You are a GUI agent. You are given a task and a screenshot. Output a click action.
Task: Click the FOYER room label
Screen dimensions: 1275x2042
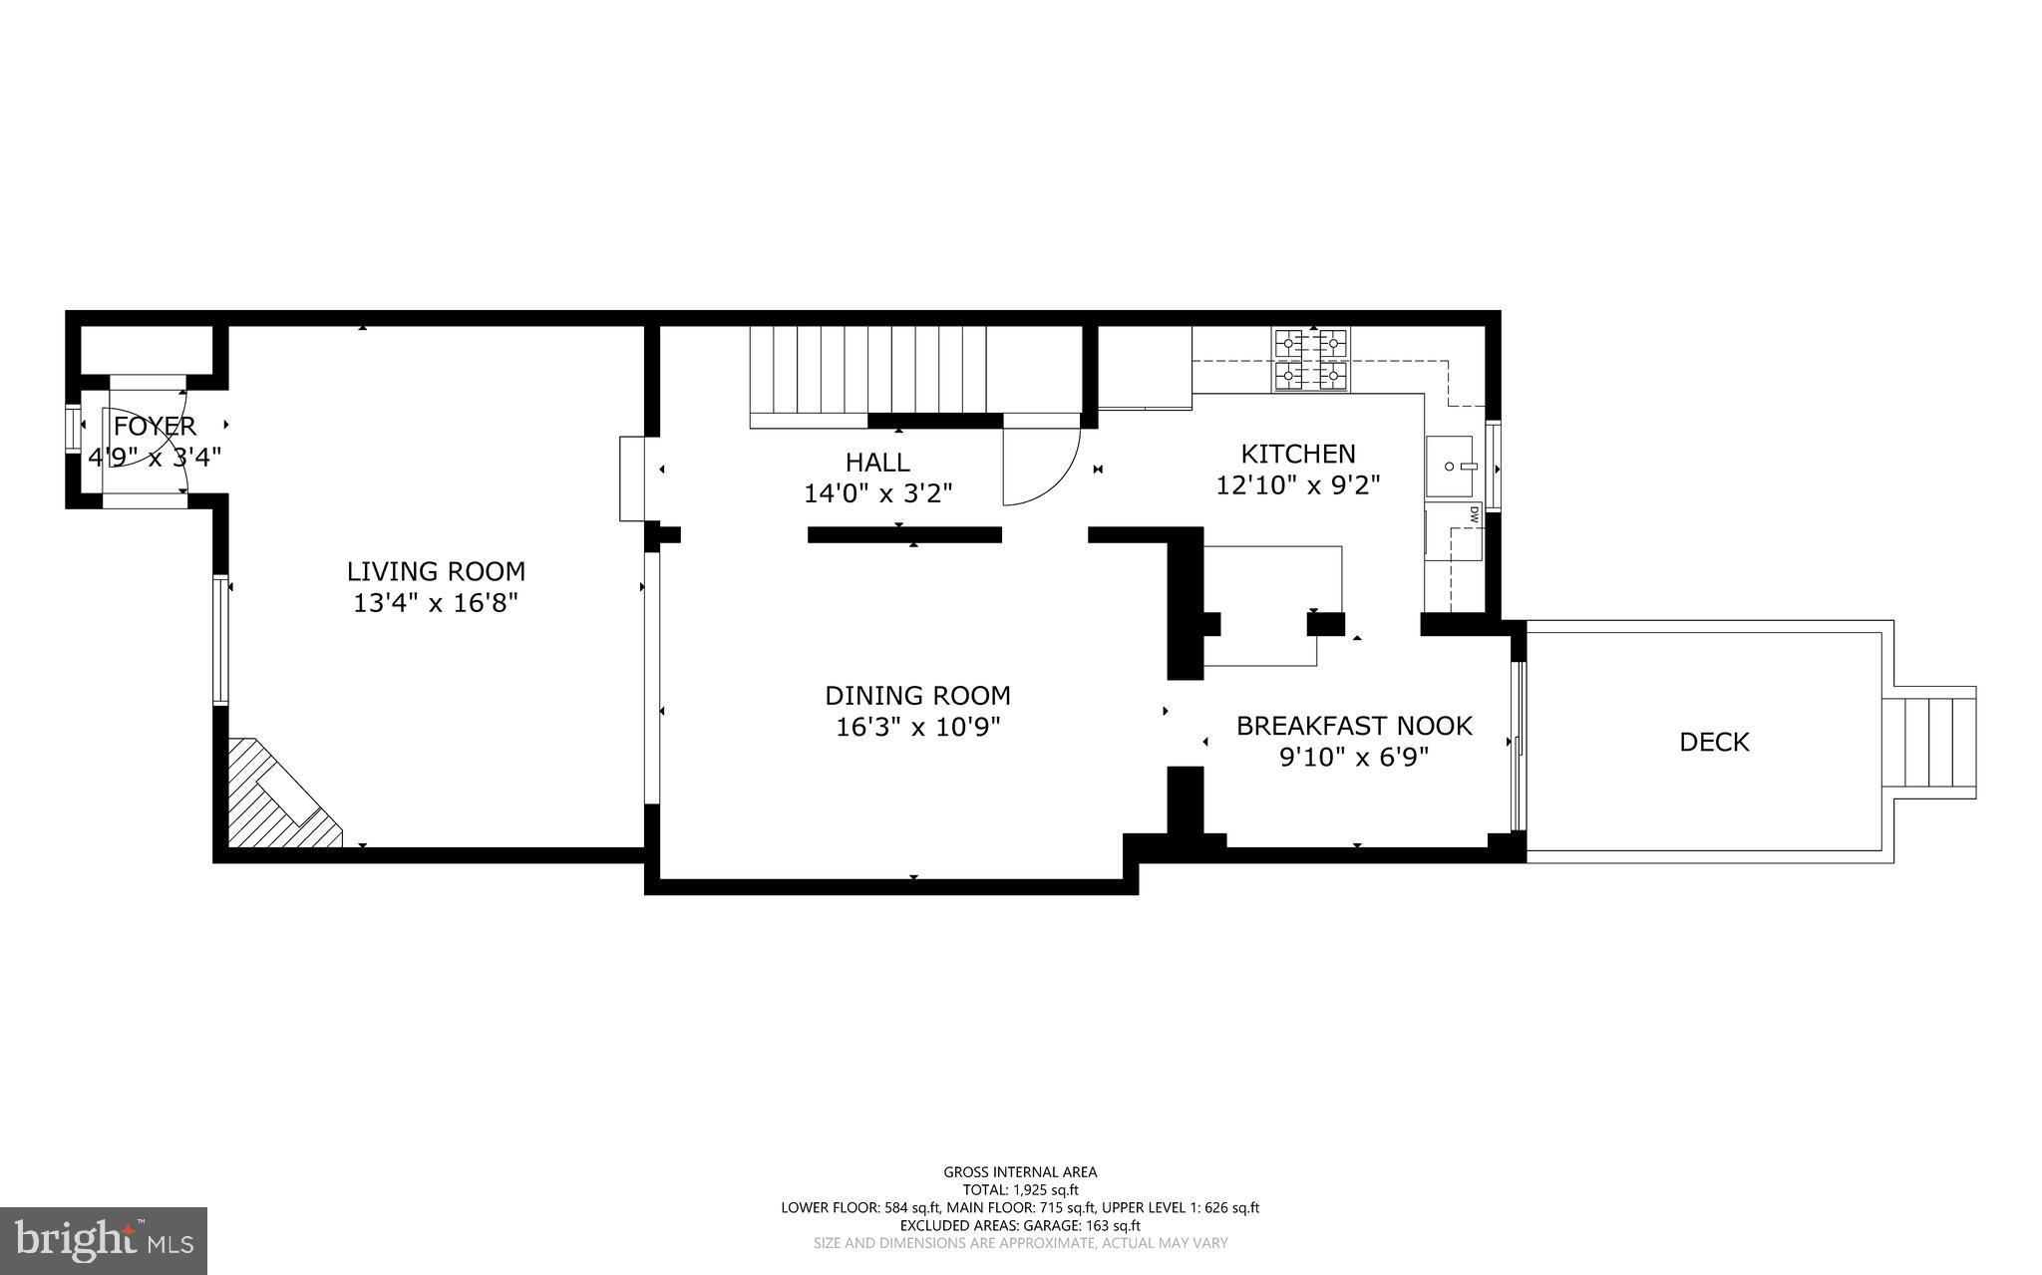click(155, 427)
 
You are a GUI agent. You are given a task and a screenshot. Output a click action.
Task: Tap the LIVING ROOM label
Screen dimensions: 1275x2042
click(436, 571)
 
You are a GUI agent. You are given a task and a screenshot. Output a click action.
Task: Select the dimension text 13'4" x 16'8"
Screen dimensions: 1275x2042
click(436, 603)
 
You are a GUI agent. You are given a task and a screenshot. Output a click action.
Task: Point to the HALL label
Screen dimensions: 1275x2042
click(877, 462)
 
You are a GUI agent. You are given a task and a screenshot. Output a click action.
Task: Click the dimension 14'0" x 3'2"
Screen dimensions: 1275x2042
click(877, 493)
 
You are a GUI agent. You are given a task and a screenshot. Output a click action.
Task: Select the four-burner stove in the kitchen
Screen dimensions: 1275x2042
click(1310, 359)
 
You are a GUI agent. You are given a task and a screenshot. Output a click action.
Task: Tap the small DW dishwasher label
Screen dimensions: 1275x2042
click(1473, 515)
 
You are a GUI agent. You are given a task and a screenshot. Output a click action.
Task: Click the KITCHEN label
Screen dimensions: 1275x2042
click(1297, 454)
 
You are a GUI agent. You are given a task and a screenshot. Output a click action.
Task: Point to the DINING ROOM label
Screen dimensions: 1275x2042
click(917, 695)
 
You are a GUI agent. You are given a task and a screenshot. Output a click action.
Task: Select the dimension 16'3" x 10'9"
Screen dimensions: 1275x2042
click(917, 727)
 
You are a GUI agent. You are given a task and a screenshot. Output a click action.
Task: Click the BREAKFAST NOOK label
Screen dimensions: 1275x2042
click(1354, 726)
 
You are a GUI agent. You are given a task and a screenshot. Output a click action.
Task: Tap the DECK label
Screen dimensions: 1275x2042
click(1714, 742)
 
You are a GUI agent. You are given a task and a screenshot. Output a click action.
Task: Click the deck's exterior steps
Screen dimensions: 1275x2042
click(1939, 742)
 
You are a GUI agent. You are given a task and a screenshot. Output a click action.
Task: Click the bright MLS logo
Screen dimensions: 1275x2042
click(104, 1240)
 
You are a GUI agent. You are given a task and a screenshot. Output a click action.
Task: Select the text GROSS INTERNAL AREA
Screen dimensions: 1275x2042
click(1020, 1172)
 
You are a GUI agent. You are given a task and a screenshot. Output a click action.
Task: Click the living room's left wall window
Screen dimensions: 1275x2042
click(220, 640)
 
